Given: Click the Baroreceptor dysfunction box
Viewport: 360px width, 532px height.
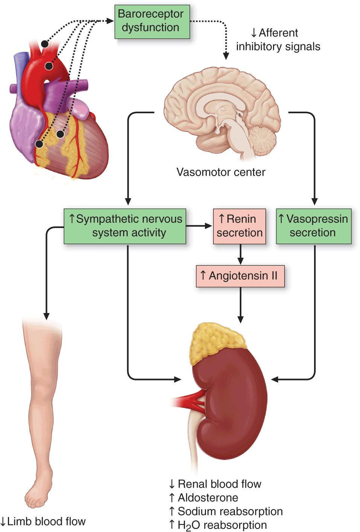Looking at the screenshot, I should coord(152,21).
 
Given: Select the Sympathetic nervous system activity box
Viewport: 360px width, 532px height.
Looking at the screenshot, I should coord(125,226).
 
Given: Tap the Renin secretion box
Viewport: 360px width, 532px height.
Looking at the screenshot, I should coord(239,226).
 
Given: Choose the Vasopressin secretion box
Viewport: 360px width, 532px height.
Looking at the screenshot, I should coord(314,226).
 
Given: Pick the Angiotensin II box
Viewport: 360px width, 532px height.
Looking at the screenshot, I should coord(240,276).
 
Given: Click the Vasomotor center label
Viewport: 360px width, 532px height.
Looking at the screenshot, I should coord(221,172).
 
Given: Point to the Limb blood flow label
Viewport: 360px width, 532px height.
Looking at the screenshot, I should coord(43,521).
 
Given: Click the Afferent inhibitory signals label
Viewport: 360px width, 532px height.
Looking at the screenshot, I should coord(278,40).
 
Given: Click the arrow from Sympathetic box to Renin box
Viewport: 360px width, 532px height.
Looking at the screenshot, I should coord(199,226).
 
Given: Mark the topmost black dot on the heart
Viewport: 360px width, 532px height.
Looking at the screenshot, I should coord(45,44).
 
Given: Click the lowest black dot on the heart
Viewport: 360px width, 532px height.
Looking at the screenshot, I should coord(39,144).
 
